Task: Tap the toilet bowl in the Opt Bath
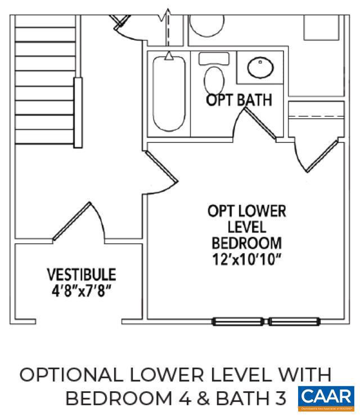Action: point(214,79)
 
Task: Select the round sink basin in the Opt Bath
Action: point(260,68)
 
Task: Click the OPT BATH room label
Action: point(238,100)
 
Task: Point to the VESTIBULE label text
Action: point(81,275)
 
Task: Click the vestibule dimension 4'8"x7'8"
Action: point(81,291)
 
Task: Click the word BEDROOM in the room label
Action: point(247,243)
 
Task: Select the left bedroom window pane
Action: point(238,322)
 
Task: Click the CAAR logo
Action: point(326,397)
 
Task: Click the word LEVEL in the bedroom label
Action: point(247,227)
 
